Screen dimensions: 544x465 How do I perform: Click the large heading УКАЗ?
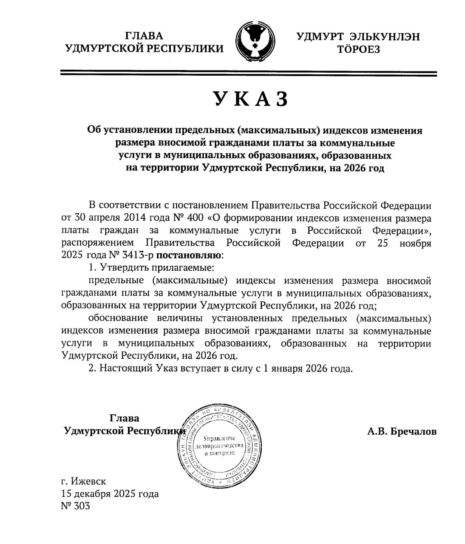click(x=250, y=99)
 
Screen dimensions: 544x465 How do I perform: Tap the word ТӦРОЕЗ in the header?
click(x=358, y=50)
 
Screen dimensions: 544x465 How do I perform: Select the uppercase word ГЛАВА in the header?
click(x=145, y=36)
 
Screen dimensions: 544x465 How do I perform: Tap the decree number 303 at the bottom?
click(x=81, y=506)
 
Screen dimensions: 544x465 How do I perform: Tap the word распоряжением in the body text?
click(x=97, y=244)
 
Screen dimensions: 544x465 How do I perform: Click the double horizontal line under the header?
click(x=249, y=74)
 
